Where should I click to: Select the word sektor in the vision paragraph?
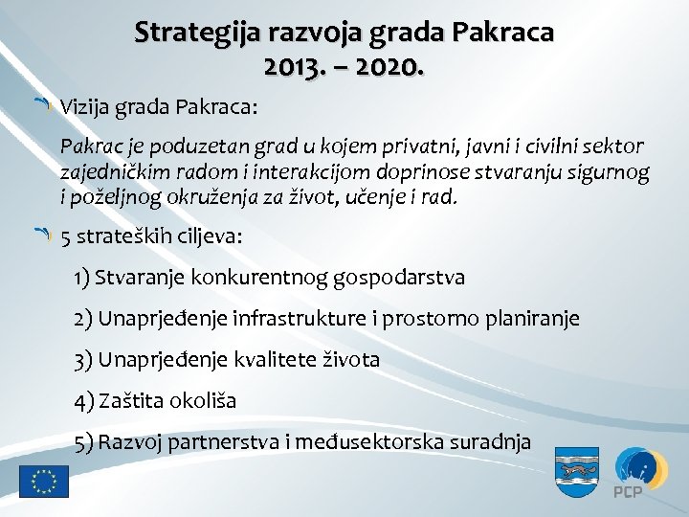pos(613,148)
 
